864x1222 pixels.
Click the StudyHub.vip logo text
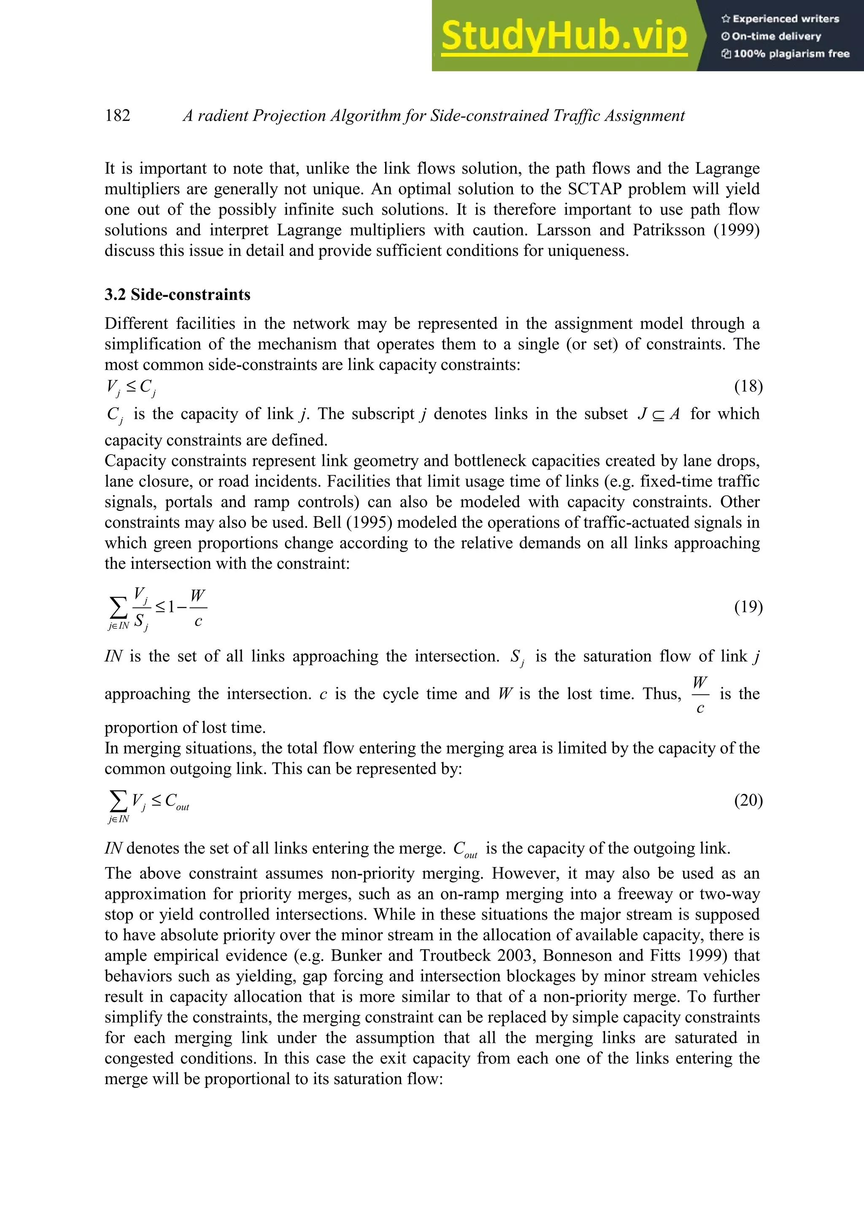[564, 36]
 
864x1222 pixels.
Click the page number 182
[118, 116]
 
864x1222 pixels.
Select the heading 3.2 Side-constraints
[177, 294]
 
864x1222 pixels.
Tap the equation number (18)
[748, 386]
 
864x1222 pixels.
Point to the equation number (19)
[748, 607]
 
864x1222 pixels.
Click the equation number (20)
[748, 800]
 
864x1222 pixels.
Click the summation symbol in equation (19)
[118, 607]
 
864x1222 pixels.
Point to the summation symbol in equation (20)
[118, 800]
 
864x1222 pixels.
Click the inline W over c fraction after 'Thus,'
[700, 694]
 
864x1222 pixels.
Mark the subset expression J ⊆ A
[659, 414]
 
